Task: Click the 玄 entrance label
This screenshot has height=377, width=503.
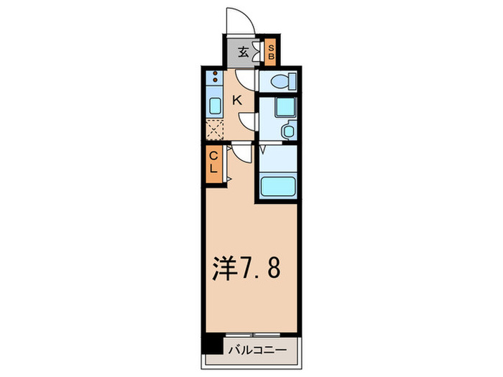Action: (x=242, y=52)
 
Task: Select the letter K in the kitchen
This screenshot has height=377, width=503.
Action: (x=236, y=101)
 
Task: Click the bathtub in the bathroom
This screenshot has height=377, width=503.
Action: (x=277, y=187)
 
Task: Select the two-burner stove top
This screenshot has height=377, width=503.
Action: (x=215, y=80)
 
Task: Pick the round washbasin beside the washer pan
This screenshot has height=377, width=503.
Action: (x=287, y=131)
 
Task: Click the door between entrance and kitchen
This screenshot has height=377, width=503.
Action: (x=245, y=77)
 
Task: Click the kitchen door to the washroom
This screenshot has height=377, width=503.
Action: (x=249, y=120)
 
